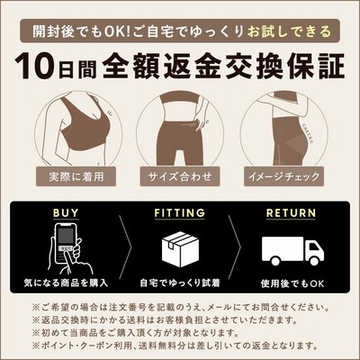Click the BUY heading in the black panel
point(66,212)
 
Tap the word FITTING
point(180,212)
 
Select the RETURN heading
point(291,212)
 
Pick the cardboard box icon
point(180,249)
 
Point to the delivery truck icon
point(292,251)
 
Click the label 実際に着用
point(76,176)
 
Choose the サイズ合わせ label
point(180,176)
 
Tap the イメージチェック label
point(283,176)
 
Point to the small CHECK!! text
point(307,133)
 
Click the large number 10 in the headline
point(36,67)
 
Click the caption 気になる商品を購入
point(66,283)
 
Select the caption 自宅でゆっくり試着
point(180,283)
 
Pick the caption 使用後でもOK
point(292,283)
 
